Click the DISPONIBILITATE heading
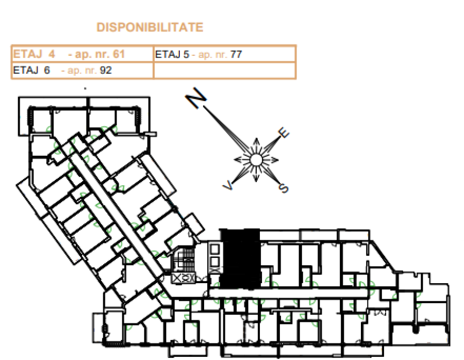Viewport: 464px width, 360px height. tap(150, 27)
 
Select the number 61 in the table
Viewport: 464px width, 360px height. tap(119, 54)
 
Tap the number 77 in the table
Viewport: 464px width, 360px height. tap(236, 55)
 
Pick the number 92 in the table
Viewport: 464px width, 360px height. tap(106, 71)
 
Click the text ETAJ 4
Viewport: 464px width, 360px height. tap(34, 54)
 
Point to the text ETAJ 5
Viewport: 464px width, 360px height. tap(172, 55)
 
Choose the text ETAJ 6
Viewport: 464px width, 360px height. tap(31, 71)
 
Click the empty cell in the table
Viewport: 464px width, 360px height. tap(225, 71)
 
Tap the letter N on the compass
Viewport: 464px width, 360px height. tap(196, 97)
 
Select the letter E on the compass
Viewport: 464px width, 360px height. tap(283, 133)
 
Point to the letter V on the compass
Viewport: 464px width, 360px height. tap(228, 186)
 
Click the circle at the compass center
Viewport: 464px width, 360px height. tap(256, 160)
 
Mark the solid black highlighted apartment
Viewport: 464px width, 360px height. tap(240, 258)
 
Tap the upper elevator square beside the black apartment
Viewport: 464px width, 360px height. tap(214, 249)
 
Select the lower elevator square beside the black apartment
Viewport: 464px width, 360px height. tap(214, 261)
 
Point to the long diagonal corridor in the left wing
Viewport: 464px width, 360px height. tap(119, 211)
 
